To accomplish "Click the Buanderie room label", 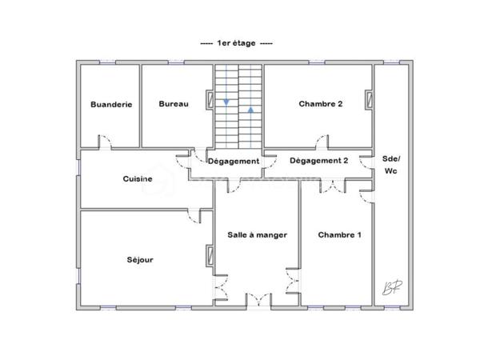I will tap(111, 104).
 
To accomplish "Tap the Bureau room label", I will tap(174, 104).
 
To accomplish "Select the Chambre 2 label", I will tap(321, 104).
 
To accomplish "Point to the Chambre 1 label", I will tap(339, 234).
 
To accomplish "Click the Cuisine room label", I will tap(138, 178).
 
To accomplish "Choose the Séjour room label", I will tap(139, 260).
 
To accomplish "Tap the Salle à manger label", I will tap(257, 234).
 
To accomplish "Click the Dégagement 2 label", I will tap(318, 161).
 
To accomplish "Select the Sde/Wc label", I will tap(391, 164).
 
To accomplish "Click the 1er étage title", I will tap(236, 43).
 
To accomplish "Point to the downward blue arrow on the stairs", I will tap(226, 102).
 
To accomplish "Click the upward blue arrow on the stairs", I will tap(250, 109).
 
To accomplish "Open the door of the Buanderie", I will tap(105, 142).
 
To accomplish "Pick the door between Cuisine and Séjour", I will tap(193, 214).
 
